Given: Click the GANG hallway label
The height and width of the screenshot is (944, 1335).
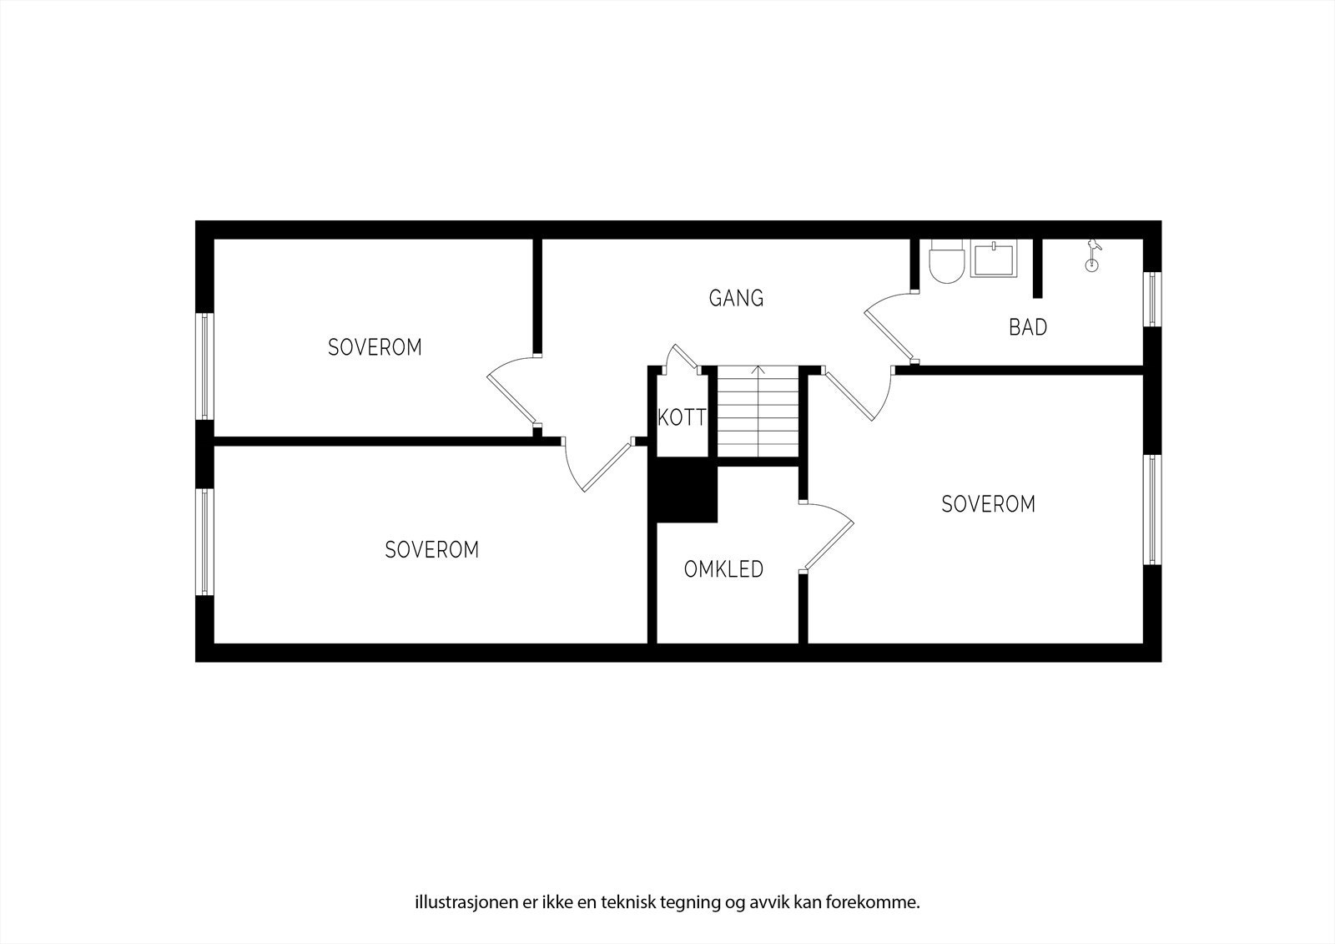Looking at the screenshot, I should click(736, 298).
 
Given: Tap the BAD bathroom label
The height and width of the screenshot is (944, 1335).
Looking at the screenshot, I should click(1027, 327).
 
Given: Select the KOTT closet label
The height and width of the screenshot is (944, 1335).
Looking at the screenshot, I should click(682, 417).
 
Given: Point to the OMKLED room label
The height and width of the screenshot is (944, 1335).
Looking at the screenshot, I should click(723, 569).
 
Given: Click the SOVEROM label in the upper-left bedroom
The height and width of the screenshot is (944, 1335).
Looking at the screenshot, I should click(375, 347).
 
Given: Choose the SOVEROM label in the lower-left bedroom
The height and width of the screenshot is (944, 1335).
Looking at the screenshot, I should click(431, 550).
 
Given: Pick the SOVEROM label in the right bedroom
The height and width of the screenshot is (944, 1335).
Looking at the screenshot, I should click(988, 504).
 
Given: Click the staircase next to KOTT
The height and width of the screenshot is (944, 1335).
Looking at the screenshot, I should click(758, 412).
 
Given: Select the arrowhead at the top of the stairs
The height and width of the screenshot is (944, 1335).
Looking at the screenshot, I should click(758, 369).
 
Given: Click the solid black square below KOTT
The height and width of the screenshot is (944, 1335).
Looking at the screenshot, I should click(687, 494).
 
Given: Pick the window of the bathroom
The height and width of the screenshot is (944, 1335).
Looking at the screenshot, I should click(1152, 299).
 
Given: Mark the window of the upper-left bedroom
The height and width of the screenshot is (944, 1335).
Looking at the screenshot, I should click(204, 366).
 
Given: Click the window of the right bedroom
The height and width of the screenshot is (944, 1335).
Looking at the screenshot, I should click(1152, 509).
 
